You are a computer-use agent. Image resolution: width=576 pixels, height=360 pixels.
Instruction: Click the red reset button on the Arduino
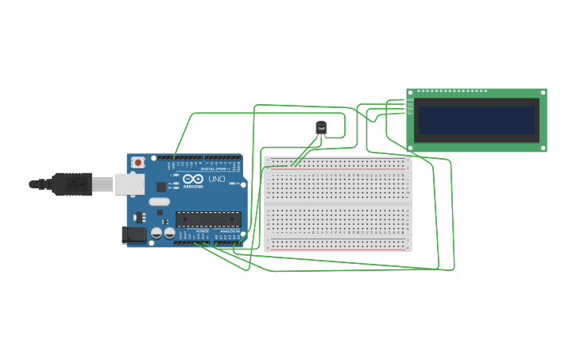coord(138,162)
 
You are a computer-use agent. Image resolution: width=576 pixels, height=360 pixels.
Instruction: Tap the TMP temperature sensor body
coord(321,127)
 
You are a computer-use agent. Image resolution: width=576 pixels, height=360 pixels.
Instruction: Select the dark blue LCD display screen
coord(477,120)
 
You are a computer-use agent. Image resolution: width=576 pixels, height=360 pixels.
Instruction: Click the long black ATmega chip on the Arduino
coord(208,219)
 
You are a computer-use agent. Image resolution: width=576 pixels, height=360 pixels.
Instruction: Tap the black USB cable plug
coord(72,184)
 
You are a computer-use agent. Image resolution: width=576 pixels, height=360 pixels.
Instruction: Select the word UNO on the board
coord(217,180)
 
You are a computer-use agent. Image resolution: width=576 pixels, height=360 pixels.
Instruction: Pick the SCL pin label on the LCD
coord(411,114)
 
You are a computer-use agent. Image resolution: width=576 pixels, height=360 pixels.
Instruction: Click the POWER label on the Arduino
coord(202,231)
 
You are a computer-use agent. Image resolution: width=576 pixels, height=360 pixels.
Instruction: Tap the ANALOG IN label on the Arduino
coord(231,231)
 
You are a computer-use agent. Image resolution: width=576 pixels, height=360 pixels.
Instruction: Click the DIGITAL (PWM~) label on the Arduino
coord(215,168)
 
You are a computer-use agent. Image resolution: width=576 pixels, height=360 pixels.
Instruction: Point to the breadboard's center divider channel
coord(338,204)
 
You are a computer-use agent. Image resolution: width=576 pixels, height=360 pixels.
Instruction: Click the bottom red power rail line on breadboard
coord(338,249)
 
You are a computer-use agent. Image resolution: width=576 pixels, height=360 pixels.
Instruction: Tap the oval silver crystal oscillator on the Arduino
coord(160,201)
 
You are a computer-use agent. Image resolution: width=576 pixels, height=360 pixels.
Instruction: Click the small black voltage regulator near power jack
coord(140,217)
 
